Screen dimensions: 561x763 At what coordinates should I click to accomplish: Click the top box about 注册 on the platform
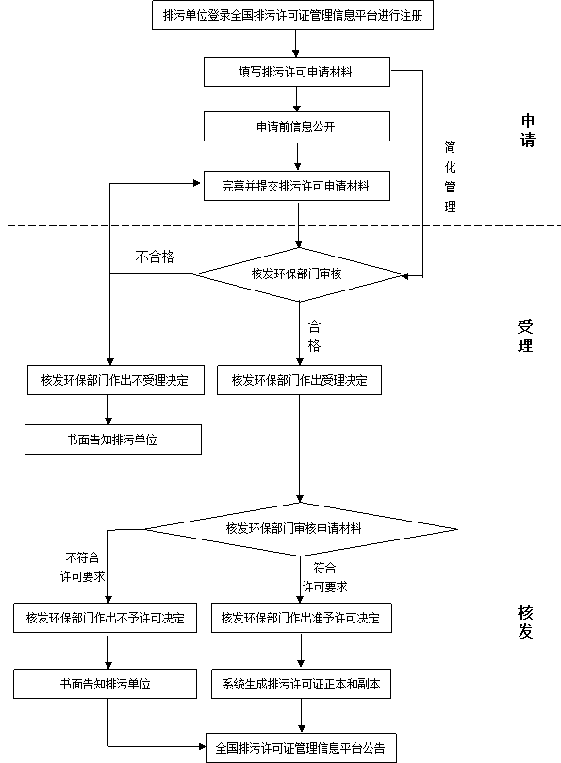pos(292,16)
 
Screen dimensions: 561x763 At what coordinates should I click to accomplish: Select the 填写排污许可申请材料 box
pos(297,72)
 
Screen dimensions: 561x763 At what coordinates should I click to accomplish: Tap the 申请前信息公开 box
pos(297,126)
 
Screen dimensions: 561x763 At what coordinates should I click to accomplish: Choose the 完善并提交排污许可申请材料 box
pos(297,186)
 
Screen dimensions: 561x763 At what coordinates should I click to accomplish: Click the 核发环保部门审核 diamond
pos(299,274)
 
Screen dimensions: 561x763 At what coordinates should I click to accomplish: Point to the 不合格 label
pos(155,257)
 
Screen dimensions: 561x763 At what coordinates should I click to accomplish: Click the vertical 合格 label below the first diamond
pos(314,336)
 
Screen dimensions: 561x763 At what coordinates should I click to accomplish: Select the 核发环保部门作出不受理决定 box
pos(116,380)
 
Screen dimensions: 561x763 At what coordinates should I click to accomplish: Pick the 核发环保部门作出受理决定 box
pos(299,380)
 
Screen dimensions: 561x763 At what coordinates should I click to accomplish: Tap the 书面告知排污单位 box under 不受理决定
pos(113,440)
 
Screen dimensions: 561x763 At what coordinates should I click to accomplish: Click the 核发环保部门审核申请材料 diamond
pos(301,529)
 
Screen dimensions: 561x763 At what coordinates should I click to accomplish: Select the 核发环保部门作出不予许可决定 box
pos(105,618)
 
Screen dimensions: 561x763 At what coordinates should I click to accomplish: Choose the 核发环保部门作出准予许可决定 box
pos(302,618)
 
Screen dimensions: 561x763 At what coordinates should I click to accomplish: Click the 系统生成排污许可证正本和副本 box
pos(301,684)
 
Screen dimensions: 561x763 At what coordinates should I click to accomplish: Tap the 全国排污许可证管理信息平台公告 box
pos(302,747)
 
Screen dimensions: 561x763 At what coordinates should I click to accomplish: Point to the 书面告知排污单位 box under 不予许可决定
pos(105,684)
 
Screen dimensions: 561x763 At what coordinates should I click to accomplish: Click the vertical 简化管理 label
pos(450,176)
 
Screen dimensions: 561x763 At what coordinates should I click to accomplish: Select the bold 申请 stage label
pos(528,130)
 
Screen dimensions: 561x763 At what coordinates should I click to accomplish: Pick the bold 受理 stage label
pos(525,336)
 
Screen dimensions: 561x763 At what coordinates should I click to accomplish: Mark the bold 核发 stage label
pos(525,622)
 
